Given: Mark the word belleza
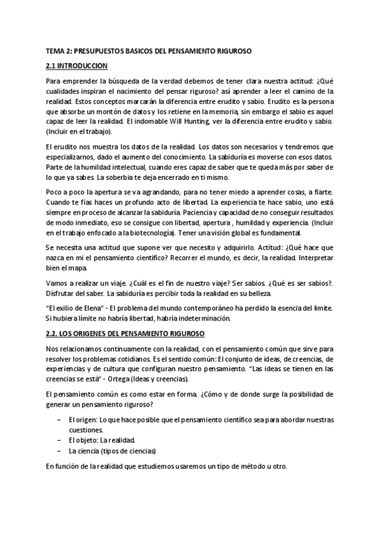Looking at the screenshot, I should pos(256,294).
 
